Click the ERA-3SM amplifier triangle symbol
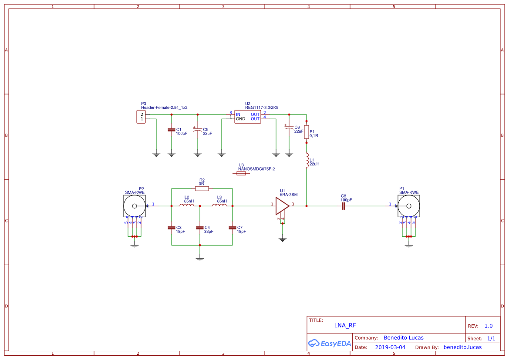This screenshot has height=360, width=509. (x=282, y=205)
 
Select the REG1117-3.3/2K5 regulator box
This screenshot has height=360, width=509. (x=247, y=117)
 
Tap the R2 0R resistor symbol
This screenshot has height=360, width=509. (x=202, y=188)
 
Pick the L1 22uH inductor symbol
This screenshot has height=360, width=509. (x=307, y=160)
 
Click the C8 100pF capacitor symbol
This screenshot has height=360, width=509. (x=343, y=206)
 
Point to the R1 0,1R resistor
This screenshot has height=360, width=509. (x=307, y=132)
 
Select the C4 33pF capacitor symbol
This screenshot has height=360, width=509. (x=200, y=228)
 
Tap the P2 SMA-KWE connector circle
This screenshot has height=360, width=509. (x=135, y=206)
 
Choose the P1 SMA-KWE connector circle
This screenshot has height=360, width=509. (x=409, y=206)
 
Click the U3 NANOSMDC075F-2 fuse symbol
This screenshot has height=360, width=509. (x=241, y=173)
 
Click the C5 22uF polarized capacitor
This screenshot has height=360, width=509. (x=198, y=130)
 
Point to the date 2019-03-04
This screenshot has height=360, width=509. (x=390, y=347)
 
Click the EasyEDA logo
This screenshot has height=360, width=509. (x=330, y=343)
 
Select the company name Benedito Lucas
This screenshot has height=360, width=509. (x=403, y=337)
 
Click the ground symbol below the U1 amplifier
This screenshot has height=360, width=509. (x=283, y=238)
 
